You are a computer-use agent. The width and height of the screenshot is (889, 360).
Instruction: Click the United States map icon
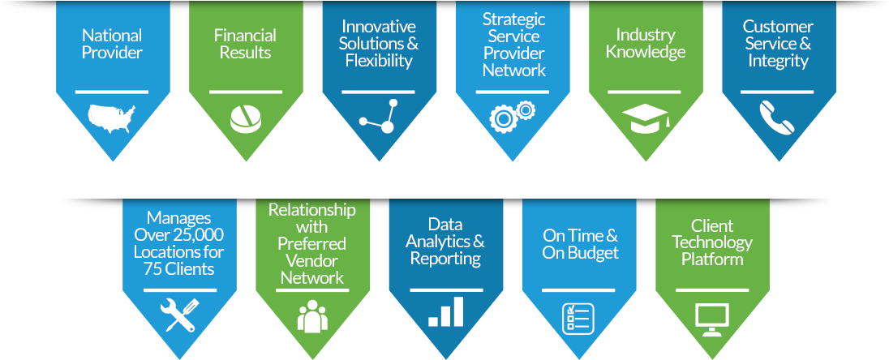112,118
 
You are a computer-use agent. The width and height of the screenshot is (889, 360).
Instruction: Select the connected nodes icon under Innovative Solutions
380,117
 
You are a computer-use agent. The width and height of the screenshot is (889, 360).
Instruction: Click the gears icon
513,116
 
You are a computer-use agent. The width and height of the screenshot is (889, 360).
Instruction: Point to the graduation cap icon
646,118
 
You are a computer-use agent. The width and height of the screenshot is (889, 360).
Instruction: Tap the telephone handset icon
777,117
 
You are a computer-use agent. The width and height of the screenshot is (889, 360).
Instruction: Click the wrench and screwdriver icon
179,315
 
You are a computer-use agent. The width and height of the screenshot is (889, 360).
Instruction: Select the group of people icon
312,315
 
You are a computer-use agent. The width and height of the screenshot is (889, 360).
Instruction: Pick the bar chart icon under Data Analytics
445,311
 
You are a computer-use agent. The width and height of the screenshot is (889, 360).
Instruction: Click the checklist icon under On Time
578,318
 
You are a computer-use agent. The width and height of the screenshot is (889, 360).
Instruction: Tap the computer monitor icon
711,319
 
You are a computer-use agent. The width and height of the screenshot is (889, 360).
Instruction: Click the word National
112,35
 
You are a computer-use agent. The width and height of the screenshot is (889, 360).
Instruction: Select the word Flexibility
380,61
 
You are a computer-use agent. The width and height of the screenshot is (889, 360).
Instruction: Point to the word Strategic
513,19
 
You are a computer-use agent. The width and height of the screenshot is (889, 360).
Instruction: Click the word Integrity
779,61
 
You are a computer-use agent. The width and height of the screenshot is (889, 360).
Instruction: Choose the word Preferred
311,244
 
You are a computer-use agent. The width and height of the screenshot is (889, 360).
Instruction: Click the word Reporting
445,259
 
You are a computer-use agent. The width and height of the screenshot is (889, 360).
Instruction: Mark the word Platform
712,259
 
